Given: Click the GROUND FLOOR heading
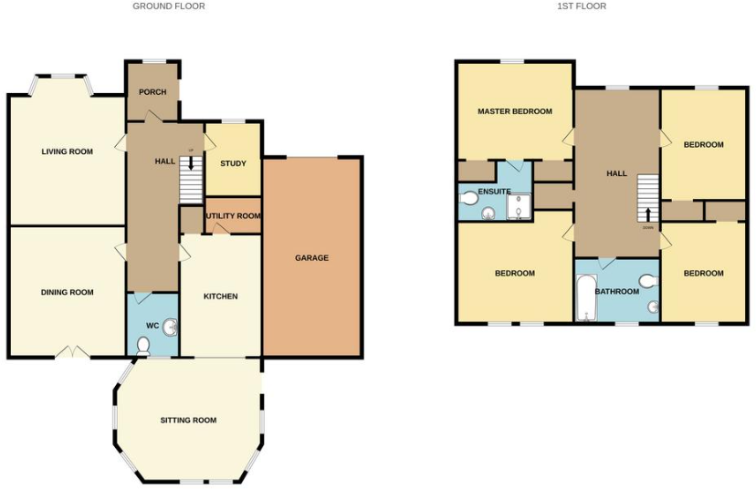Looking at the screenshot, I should (x=169, y=6).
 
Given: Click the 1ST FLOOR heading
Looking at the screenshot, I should (x=582, y=6).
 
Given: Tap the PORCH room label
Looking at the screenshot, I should (x=152, y=92).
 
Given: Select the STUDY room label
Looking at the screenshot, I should (x=233, y=163).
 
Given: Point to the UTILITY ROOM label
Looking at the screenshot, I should (x=233, y=216).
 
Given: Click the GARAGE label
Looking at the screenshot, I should (x=311, y=258).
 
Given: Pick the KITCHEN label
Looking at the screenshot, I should (x=220, y=297).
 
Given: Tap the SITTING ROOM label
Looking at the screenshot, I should (x=188, y=421).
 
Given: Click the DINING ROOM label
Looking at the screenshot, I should (x=68, y=293).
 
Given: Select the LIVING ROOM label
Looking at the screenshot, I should (x=68, y=151).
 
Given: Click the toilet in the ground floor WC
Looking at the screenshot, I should (x=142, y=345).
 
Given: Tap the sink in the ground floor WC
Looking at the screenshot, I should (x=171, y=327).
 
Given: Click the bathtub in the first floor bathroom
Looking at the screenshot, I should (x=585, y=298).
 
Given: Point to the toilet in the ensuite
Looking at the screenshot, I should (x=469, y=198).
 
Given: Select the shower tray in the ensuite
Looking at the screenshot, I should (x=519, y=209).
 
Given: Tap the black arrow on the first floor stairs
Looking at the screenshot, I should (x=648, y=214).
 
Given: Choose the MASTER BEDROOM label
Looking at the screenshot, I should (x=515, y=111).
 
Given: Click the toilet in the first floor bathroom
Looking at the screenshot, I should (x=649, y=281).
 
